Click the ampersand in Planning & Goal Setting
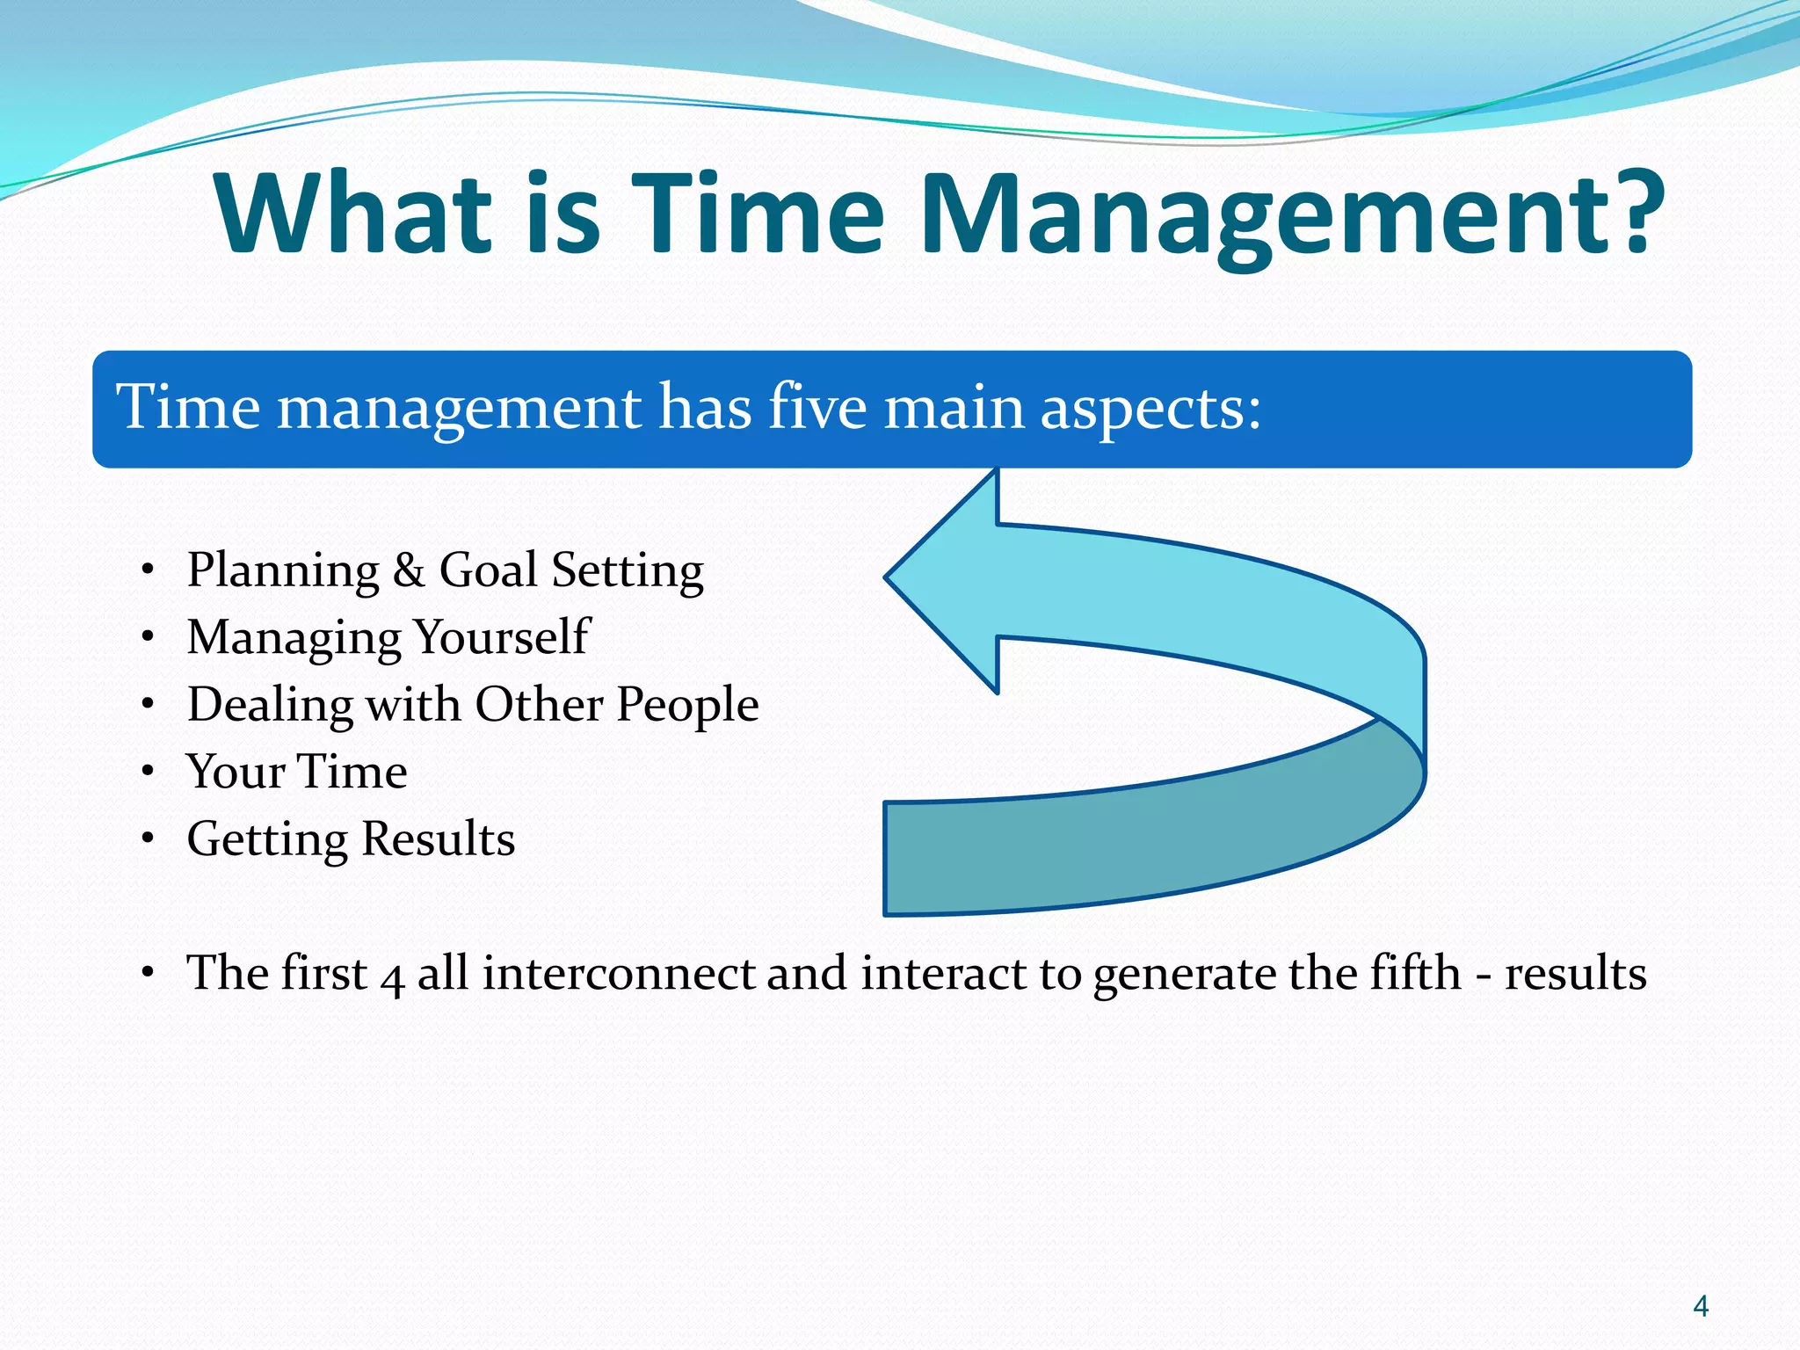click(409, 570)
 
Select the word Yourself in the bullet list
click(501, 638)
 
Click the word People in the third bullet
click(686, 706)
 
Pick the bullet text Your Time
click(297, 772)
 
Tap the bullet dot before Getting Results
click(149, 838)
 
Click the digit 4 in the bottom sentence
click(392, 976)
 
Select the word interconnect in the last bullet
click(619, 973)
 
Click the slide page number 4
click(1700, 1306)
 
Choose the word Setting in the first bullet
click(628, 572)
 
